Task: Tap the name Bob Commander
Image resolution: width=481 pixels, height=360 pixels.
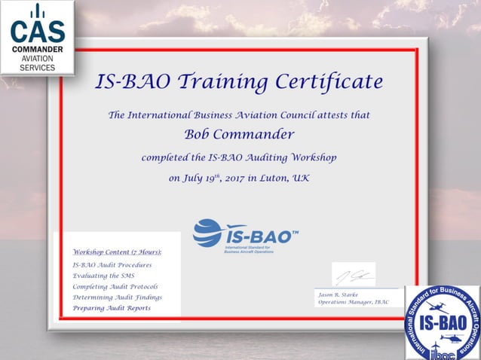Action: pyautogui.click(x=239, y=135)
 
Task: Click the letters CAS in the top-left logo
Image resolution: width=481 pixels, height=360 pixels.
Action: pyautogui.click(x=37, y=32)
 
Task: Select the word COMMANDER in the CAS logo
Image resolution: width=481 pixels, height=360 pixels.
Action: pyautogui.click(x=37, y=49)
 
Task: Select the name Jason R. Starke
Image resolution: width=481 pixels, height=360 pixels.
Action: pyautogui.click(x=339, y=294)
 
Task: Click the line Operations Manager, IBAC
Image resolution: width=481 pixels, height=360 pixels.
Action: pyautogui.click(x=352, y=302)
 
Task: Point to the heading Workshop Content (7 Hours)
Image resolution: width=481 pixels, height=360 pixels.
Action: pyautogui.click(x=117, y=252)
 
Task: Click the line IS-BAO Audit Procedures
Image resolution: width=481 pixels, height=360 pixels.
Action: pyautogui.click(x=112, y=265)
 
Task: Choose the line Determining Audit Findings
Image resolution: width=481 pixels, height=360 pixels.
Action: pyautogui.click(x=117, y=297)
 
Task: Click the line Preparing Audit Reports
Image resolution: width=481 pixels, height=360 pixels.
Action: pyautogui.click(x=112, y=308)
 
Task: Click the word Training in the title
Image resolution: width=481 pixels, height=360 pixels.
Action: pyautogui.click(x=199, y=81)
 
